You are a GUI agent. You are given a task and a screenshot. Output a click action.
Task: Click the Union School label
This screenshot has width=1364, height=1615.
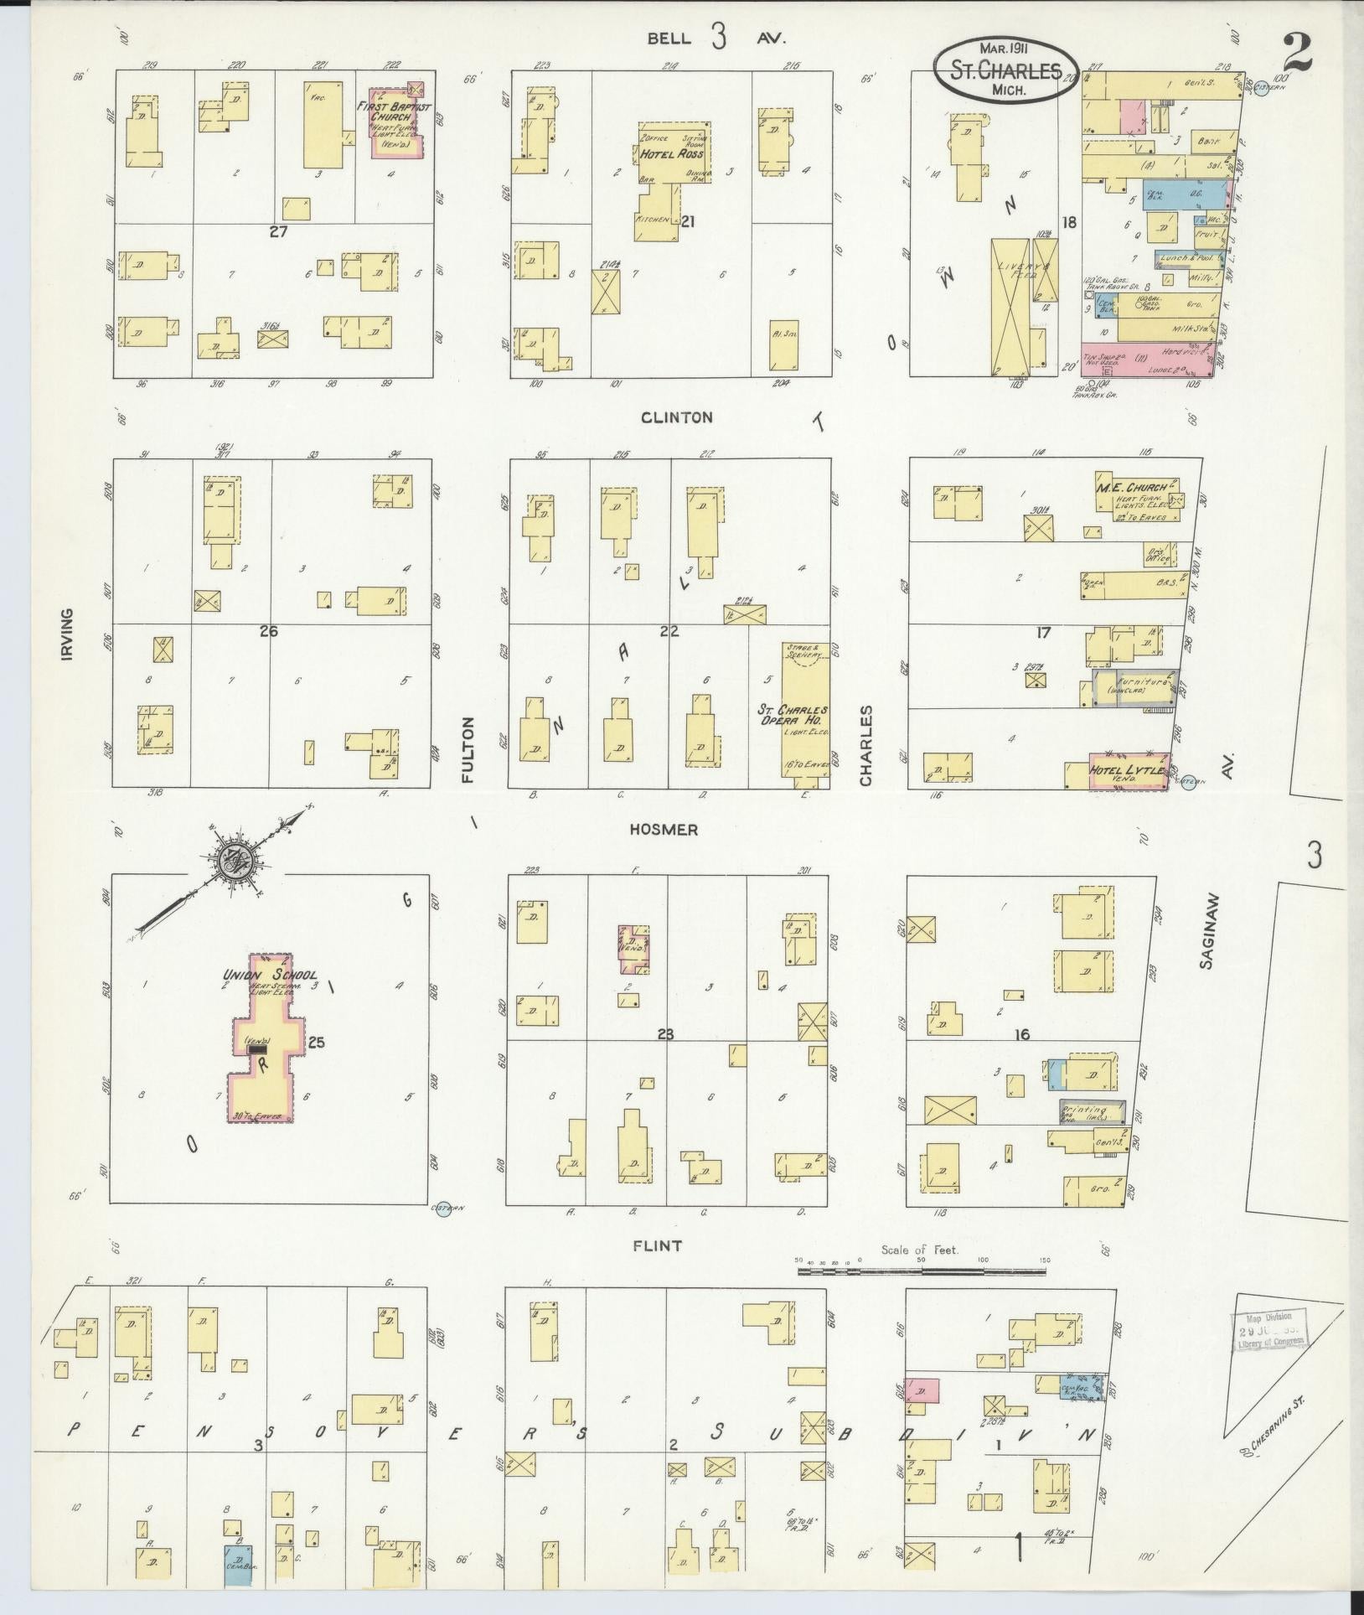(x=269, y=975)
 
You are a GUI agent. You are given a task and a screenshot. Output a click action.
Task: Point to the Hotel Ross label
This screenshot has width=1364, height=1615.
(x=672, y=155)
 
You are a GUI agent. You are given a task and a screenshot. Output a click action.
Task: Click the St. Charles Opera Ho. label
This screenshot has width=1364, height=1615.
(x=794, y=714)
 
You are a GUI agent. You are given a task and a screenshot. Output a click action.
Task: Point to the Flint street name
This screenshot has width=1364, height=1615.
(x=658, y=1246)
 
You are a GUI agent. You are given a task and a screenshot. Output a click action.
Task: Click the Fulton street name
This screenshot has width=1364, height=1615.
(x=467, y=750)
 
